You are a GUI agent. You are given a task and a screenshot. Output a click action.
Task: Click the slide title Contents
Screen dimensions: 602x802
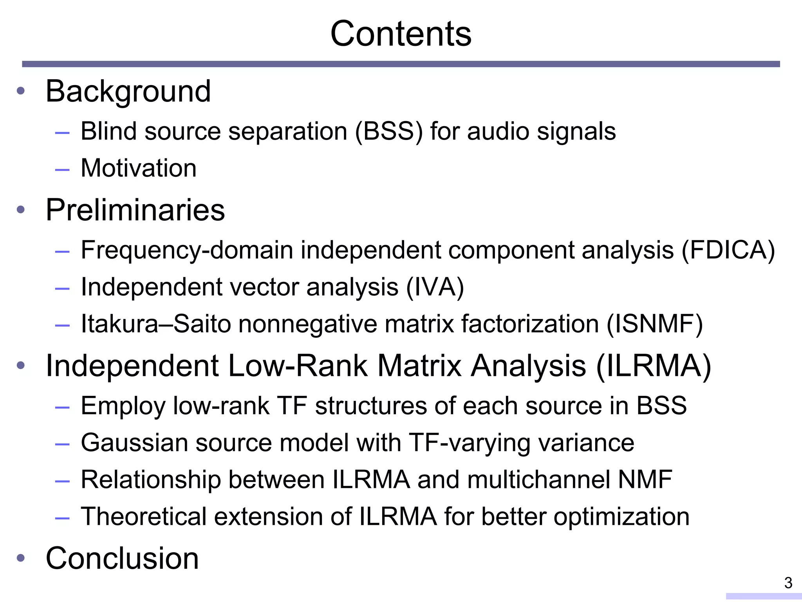click(401, 34)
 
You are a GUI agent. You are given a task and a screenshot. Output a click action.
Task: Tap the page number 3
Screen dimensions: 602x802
click(788, 583)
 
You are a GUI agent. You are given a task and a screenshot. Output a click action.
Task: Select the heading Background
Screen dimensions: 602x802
click(128, 91)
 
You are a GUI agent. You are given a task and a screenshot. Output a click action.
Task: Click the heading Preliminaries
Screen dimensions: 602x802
click(135, 210)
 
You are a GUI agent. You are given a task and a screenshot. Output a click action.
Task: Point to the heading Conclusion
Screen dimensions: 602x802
click(122, 558)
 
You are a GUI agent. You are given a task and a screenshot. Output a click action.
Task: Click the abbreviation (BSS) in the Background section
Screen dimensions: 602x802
click(389, 131)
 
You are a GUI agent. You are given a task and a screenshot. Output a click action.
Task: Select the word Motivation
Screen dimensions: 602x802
click(139, 168)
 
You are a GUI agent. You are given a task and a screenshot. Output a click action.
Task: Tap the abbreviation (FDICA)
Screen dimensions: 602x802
click(728, 250)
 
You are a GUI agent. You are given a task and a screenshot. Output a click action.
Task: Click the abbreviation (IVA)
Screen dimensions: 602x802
click(435, 287)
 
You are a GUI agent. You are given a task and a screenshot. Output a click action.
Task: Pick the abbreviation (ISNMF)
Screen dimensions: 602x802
click(655, 324)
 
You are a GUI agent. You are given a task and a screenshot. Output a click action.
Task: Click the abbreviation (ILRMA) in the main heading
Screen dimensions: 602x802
click(654, 366)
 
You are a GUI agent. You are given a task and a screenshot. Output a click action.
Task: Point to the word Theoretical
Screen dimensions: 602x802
click(143, 517)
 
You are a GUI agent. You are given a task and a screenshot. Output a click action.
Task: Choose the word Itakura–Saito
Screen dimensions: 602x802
click(156, 324)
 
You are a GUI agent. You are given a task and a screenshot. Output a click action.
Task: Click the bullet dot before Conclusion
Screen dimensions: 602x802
click(21, 558)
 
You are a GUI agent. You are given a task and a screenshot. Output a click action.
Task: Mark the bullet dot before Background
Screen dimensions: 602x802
click(21, 91)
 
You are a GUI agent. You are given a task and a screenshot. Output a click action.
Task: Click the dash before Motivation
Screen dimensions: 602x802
click(62, 170)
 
